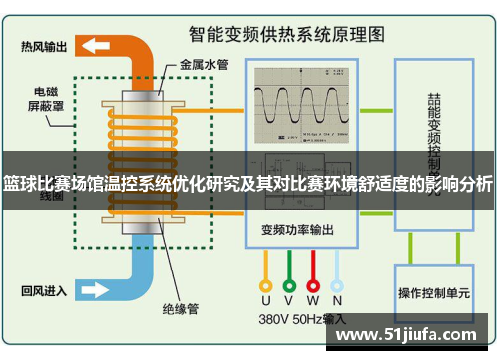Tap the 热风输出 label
point(44,45)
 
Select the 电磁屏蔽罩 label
point(47,99)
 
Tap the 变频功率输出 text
point(298,228)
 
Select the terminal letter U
point(266,299)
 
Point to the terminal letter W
point(312,299)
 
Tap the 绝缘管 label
point(181,309)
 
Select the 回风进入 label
point(44,291)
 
